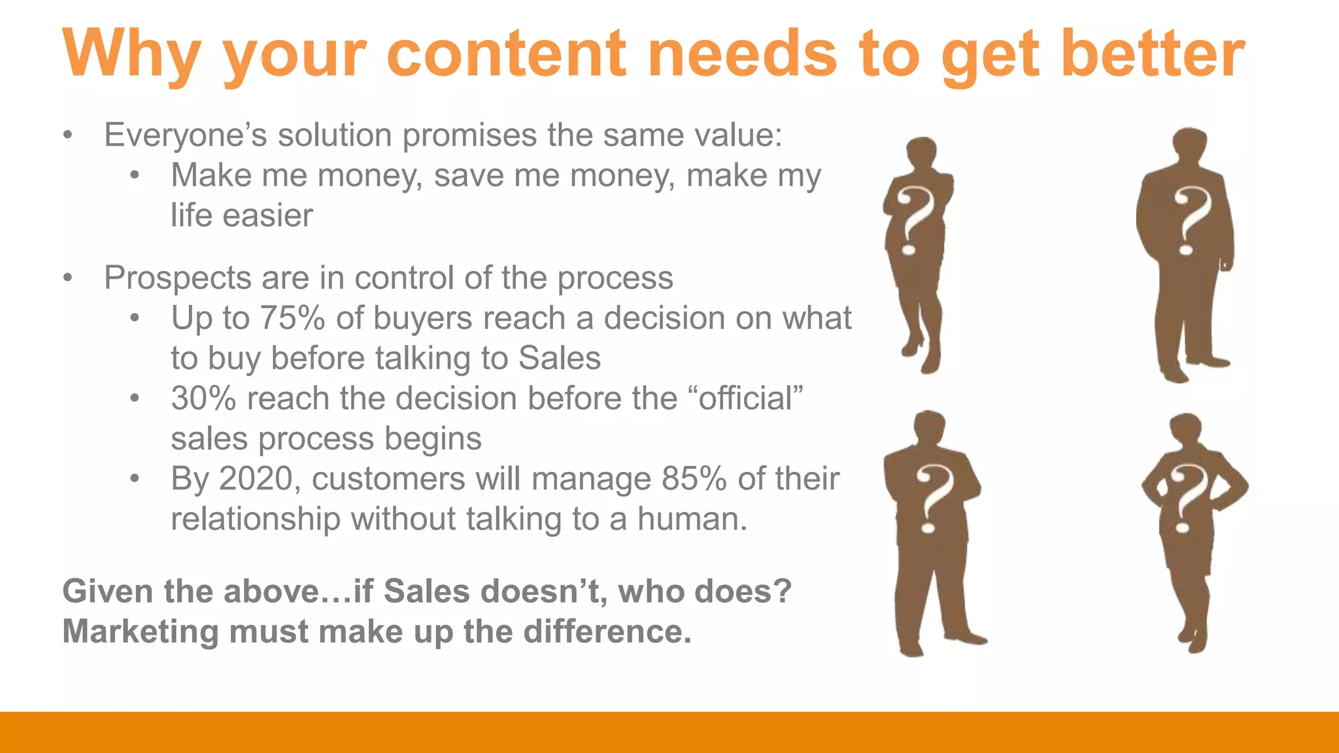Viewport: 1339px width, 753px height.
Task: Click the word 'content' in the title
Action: (x=507, y=54)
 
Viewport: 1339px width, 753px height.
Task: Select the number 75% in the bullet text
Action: (x=292, y=318)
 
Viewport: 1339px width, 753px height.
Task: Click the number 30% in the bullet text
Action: (x=203, y=399)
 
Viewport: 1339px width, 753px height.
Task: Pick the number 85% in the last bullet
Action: (x=694, y=479)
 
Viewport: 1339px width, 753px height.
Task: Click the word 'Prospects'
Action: (x=178, y=278)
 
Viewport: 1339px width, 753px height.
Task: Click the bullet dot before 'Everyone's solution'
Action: (x=67, y=136)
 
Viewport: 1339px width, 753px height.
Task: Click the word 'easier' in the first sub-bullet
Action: (x=268, y=216)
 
